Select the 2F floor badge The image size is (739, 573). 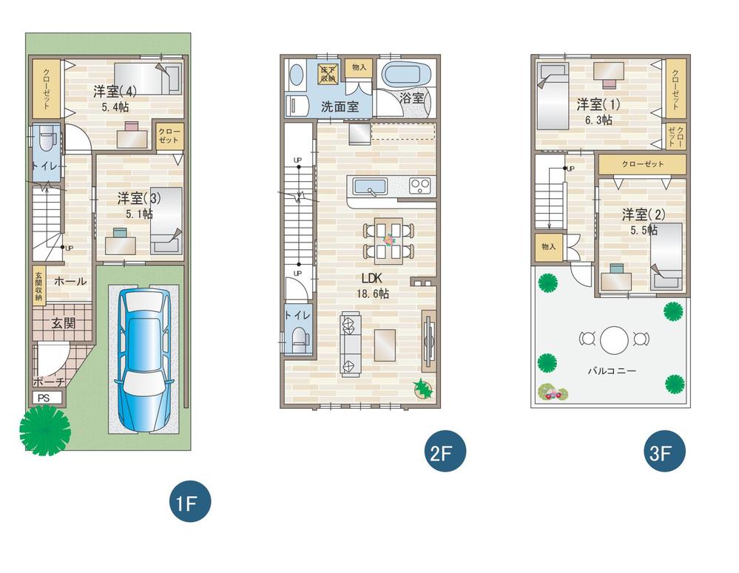point(445,453)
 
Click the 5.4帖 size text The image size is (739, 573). point(115,106)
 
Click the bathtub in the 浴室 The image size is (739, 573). point(404,75)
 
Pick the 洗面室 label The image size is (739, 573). point(340,106)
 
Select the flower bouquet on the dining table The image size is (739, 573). point(389,240)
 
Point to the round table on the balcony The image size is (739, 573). point(613,340)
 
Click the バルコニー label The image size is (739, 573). point(613,370)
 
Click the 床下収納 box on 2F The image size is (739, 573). point(327,72)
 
